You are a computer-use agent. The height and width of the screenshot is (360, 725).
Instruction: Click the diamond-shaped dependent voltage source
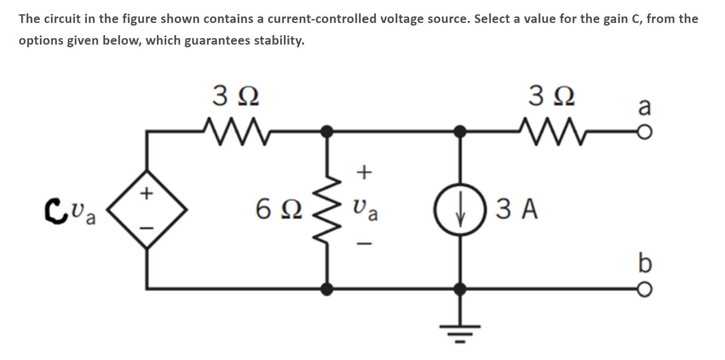[148, 210]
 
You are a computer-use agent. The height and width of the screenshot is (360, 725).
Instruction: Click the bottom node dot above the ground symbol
[462, 288]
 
